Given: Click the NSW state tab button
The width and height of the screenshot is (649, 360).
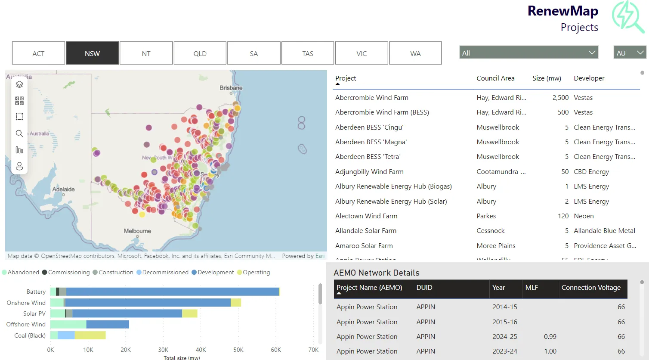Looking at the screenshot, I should point(92,53).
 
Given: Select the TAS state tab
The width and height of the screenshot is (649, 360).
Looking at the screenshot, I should point(307,53).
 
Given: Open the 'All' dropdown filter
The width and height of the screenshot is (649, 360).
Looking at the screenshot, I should point(528,53).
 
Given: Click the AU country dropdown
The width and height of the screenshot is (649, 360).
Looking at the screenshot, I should point(630,53).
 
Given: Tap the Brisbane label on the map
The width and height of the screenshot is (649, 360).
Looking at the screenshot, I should point(231,88).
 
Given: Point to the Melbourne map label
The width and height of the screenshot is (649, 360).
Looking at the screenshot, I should point(137,231).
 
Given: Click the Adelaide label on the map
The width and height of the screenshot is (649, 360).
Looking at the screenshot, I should point(63,189).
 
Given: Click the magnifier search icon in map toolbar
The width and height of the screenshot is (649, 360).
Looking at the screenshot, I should point(19,133).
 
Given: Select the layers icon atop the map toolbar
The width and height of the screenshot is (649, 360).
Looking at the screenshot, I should point(19,84).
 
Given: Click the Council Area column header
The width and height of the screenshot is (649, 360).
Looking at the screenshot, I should point(495,78).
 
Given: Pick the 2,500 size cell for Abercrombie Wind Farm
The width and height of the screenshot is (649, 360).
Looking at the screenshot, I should point(560,98).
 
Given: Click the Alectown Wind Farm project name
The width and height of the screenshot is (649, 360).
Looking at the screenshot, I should point(366,216).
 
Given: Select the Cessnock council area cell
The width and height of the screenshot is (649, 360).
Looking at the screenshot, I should point(490,231).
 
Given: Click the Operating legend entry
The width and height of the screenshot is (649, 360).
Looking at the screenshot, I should point(256,272).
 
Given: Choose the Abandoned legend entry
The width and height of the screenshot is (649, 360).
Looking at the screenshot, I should point(23,272).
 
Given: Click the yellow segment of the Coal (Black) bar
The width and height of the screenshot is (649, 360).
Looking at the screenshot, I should point(90,335).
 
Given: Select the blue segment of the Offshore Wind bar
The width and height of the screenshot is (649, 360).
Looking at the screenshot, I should point(108,324).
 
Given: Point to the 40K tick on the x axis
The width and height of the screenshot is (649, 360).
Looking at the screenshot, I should point(201,350).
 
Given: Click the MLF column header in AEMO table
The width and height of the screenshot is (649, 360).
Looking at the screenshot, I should point(532,288).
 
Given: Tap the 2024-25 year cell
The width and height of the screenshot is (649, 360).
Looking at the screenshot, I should point(504,337).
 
